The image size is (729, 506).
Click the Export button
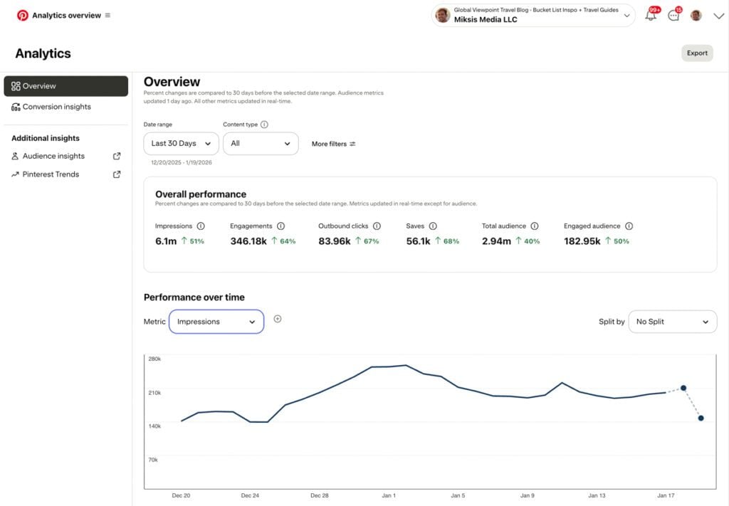[x=697, y=53]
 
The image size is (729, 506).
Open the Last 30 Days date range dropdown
[x=181, y=143]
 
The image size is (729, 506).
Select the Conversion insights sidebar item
[x=56, y=107]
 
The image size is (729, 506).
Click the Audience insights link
[x=53, y=156]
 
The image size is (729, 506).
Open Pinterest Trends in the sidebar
[x=51, y=174]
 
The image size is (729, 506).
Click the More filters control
[x=333, y=144]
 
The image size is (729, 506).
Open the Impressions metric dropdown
[x=216, y=322]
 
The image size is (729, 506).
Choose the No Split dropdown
[x=672, y=322]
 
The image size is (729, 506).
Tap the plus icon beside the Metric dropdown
[x=278, y=319]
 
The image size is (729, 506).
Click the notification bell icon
[x=651, y=16]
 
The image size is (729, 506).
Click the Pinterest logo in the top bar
[x=23, y=15]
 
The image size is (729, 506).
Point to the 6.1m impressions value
[x=166, y=241]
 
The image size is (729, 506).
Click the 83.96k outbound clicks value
[x=335, y=241]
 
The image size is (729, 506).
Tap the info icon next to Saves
[x=433, y=226]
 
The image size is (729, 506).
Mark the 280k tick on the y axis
[x=154, y=359]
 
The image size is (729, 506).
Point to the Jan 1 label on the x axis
[x=388, y=495]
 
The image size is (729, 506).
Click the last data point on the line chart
[x=701, y=418]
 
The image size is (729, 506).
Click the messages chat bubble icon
[x=673, y=16]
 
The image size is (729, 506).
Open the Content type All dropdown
[x=261, y=143]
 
